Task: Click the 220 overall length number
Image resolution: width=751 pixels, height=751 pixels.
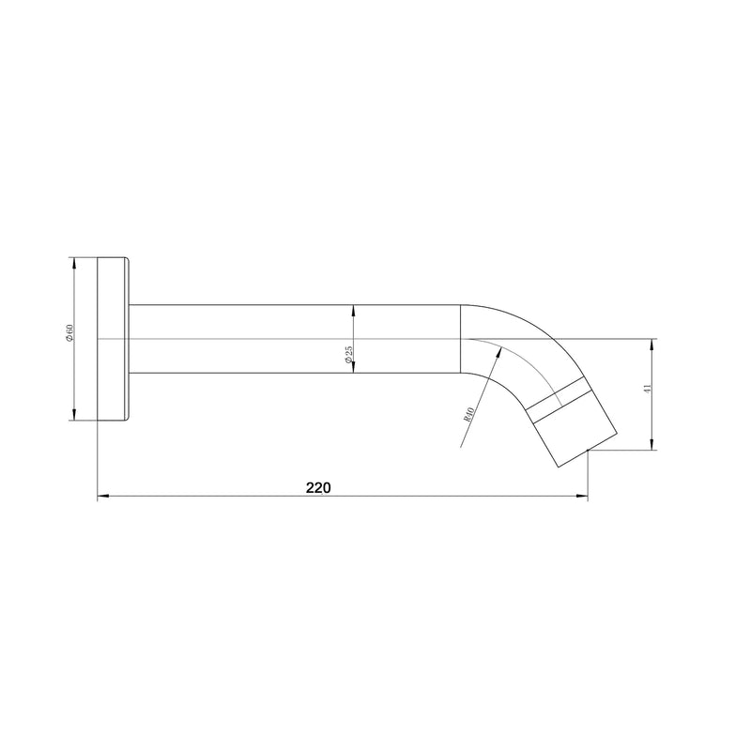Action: coord(318,487)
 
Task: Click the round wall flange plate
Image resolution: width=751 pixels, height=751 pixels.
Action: coord(113,339)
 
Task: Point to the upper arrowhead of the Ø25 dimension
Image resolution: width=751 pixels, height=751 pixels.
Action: coord(353,310)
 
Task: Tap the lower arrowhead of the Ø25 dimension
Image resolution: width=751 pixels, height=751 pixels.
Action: coord(353,368)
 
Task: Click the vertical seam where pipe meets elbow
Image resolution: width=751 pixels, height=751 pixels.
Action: coord(461,339)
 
